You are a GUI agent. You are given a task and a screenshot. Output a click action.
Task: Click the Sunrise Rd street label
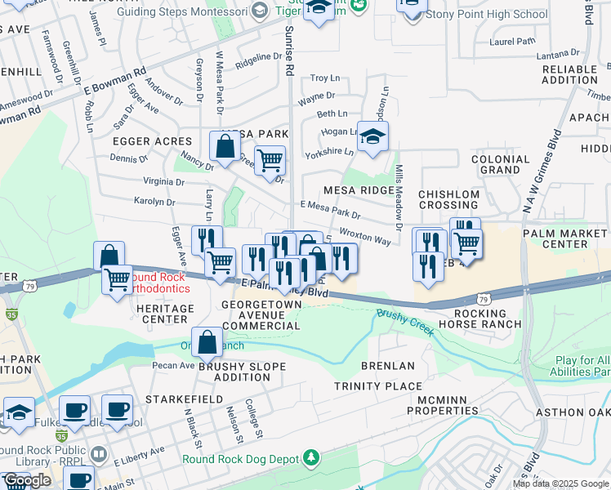pyautogui.click(x=288, y=51)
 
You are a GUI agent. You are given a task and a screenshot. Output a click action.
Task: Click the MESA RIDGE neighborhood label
pyautogui.click(x=359, y=190)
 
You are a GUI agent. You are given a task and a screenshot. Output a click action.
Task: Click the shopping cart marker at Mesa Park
pyautogui.click(x=270, y=159)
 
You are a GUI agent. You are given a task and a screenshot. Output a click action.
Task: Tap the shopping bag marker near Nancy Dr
pyautogui.click(x=225, y=147)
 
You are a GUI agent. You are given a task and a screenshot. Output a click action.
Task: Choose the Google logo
pyautogui.click(x=26, y=480)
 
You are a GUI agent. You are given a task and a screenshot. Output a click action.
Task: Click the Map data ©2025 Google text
pyautogui.click(x=560, y=483)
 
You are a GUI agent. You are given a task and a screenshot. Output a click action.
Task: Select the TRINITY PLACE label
pyautogui.click(x=378, y=385)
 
